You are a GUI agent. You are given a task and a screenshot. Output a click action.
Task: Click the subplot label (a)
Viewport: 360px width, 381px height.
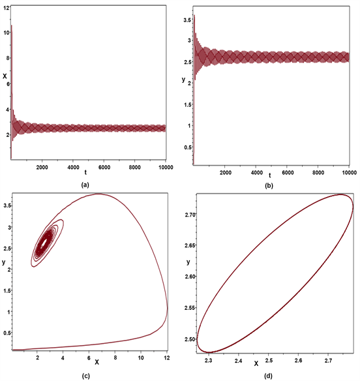(x=84, y=185)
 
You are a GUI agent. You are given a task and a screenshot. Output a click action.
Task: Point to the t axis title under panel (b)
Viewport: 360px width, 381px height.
(x=269, y=175)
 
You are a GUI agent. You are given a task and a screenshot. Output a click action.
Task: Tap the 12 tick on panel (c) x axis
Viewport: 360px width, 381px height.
(x=166, y=358)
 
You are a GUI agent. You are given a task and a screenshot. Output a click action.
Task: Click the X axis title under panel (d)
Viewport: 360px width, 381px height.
(x=256, y=362)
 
